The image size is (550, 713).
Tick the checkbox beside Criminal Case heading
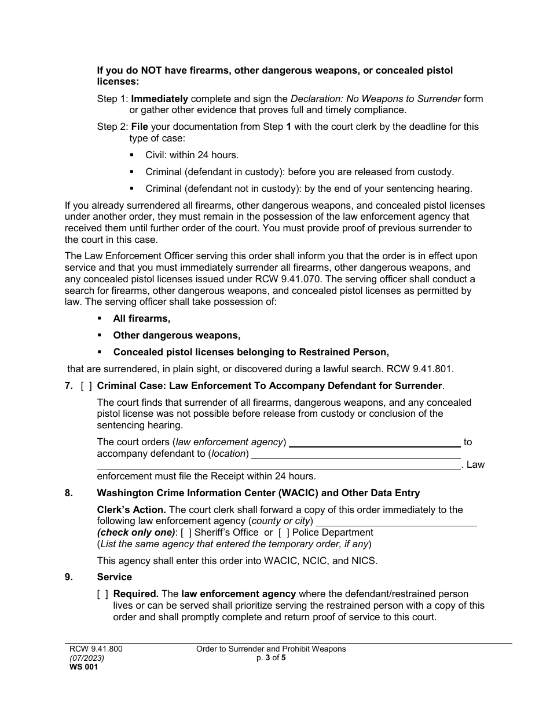[86, 386]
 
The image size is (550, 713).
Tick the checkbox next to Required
[102, 594]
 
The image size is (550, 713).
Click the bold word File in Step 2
[139, 126]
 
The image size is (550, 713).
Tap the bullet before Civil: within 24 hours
[132, 155]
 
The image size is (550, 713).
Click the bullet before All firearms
[100, 318]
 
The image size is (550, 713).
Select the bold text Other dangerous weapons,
[177, 335]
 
